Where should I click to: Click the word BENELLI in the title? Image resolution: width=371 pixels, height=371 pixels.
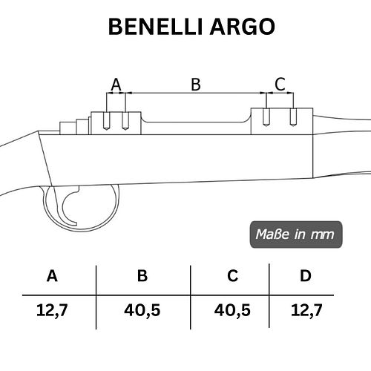pos(156,27)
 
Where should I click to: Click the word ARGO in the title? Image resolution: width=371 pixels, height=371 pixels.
pos(243,27)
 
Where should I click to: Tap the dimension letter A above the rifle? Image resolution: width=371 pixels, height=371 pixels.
pos(116,85)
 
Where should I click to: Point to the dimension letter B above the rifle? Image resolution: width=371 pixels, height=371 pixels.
pos(196,85)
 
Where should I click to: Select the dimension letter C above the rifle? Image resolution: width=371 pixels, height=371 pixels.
pos(280,84)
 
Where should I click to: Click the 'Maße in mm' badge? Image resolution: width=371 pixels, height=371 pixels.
pos(296,234)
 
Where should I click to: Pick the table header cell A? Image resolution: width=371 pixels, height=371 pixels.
pos(52,276)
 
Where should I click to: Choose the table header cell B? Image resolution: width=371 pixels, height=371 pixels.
pos(142,276)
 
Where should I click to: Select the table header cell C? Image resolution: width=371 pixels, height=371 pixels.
pos(233,276)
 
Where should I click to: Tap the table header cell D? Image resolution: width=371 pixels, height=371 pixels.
pos(306,276)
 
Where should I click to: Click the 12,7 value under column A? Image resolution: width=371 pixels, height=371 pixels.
pos(52,310)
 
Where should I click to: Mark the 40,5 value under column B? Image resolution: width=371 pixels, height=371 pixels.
pos(142,310)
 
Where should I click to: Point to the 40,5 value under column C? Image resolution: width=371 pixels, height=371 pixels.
pos(232,310)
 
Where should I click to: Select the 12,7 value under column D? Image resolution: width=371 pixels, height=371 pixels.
pos(306,310)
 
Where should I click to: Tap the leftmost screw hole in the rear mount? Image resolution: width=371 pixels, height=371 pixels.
pos(107,121)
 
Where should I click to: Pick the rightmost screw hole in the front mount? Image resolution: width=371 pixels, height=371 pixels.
pos(293,117)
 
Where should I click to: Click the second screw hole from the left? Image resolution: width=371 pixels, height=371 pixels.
pos(125,121)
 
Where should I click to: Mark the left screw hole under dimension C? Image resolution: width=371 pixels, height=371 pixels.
pos(266,117)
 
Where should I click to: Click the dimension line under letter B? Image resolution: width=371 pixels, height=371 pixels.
pos(196,93)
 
